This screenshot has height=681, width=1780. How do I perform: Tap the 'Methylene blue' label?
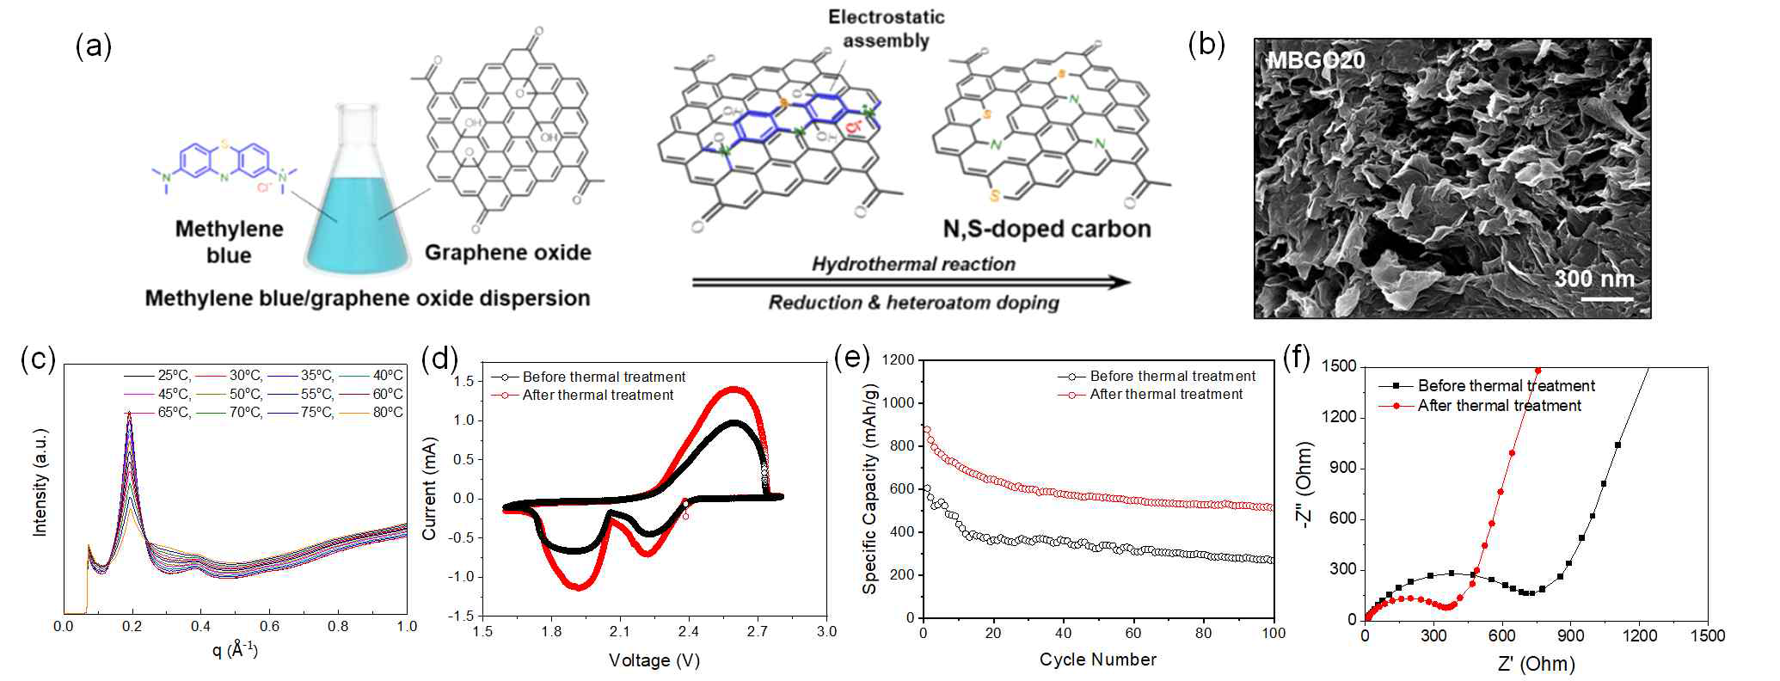[229, 242]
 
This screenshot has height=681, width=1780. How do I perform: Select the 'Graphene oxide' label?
[508, 253]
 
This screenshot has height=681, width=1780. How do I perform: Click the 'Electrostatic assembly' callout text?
[886, 28]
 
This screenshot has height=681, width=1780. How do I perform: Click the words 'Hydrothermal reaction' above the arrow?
[913, 264]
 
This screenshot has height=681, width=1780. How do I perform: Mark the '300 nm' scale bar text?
[1593, 279]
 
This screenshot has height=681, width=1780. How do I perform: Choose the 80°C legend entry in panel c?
[387, 413]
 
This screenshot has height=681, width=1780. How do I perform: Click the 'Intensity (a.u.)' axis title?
[40, 491]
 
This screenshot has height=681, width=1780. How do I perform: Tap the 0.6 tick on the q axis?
[269, 626]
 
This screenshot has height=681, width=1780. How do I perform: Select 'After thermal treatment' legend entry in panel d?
[598, 396]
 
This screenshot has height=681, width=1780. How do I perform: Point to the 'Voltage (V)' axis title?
[651, 660]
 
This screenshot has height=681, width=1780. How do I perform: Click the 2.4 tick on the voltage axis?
[688, 632]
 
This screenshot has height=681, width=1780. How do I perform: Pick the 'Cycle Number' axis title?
[1097, 660]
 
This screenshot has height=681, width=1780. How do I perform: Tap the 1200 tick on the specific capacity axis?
[898, 360]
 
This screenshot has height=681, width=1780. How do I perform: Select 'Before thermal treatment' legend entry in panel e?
[1172, 377]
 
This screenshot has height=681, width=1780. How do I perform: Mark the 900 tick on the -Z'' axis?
[1341, 469]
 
